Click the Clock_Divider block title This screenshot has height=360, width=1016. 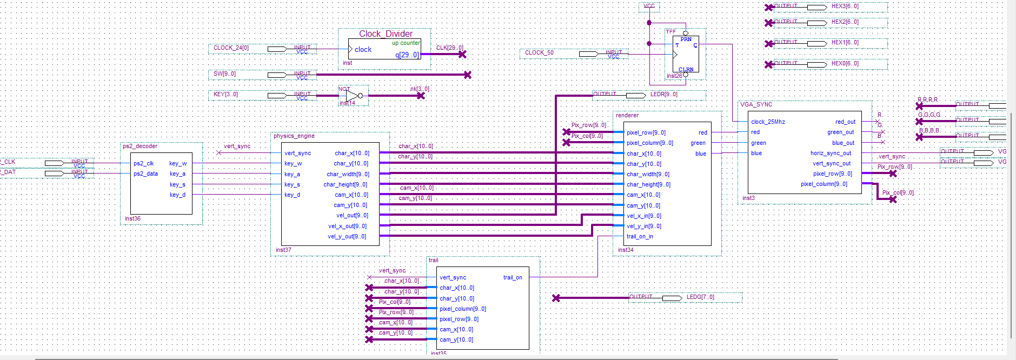(x=386, y=34)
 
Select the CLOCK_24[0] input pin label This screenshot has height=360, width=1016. (x=231, y=48)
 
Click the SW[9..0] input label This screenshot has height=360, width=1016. (x=224, y=74)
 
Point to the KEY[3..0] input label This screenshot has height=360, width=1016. (x=225, y=94)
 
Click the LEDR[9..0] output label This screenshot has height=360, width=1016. (x=663, y=94)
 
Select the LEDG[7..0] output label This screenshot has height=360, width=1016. (x=700, y=297)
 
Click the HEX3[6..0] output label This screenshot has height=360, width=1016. (x=845, y=6)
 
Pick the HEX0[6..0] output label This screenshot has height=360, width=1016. (x=845, y=64)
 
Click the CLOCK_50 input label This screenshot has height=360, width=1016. (x=539, y=52)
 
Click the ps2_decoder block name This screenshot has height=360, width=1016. (x=140, y=146)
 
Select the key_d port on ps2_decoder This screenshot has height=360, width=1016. (x=177, y=195)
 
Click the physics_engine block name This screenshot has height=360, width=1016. (x=294, y=136)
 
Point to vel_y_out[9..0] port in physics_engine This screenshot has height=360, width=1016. (x=347, y=236)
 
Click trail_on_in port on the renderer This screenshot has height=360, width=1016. (x=640, y=236)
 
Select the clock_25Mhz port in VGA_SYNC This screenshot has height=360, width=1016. (x=768, y=122)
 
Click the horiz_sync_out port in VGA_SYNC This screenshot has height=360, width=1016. (x=831, y=153)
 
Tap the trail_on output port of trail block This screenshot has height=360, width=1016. (x=513, y=277)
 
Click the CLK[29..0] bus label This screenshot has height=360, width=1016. (x=449, y=48)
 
